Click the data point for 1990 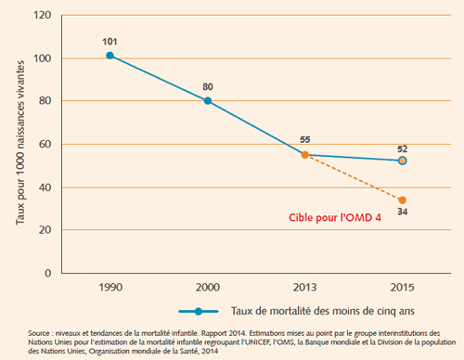[x=110, y=56]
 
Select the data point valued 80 [x=208, y=101]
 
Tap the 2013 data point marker [x=305, y=155]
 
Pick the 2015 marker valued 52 [x=402, y=161]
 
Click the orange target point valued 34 [x=402, y=199]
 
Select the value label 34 [x=402, y=214]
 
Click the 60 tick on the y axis [x=44, y=144]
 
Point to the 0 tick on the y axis [x=47, y=274]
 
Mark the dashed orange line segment [x=354, y=177]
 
